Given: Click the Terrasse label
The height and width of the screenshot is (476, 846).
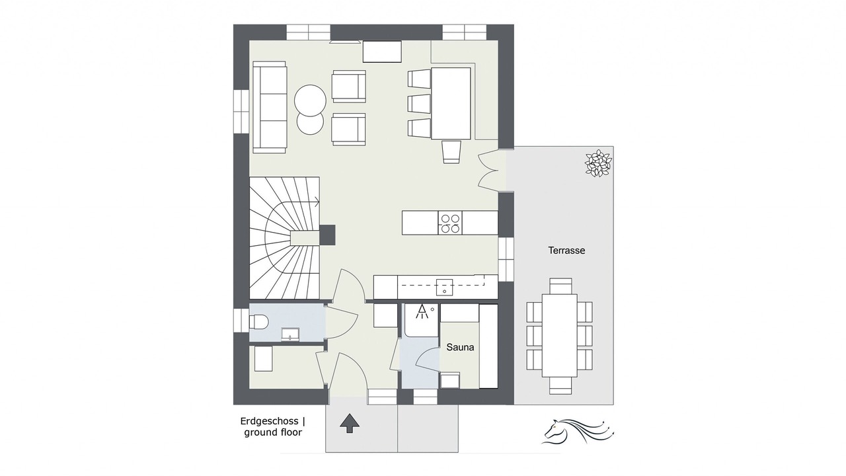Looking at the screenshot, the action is point(566,250).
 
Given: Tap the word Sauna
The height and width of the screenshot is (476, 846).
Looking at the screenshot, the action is point(460,347).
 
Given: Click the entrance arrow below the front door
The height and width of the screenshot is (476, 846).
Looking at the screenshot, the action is point(350,422).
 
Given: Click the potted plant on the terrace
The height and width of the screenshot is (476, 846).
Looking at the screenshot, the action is point(598,163).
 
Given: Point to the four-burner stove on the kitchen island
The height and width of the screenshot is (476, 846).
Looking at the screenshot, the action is point(450,223).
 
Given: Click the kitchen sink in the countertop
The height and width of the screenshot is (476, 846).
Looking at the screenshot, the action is point(445,288).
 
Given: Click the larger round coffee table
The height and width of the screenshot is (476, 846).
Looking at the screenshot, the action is point(310,100).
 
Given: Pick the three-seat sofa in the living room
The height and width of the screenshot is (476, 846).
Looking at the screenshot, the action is point(269,107).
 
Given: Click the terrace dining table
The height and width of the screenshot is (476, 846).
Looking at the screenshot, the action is point(560,335).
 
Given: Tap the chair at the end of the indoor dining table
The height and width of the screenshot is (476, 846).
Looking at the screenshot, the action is point(451,152).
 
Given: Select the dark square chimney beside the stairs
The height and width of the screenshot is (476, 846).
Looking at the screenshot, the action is point(327,235).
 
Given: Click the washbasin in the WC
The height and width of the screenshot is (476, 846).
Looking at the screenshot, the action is point(290,335).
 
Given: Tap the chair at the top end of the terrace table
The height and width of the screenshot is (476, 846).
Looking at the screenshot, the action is point(560,286).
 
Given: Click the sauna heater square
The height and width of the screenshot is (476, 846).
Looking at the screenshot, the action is point(450,380).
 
